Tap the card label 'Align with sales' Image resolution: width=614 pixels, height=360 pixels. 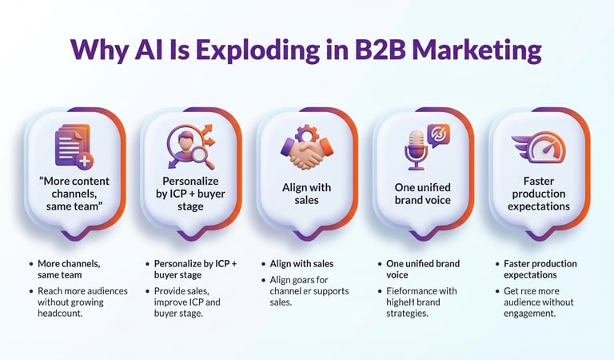coord(306,194)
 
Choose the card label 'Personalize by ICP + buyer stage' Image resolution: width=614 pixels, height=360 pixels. coord(191,194)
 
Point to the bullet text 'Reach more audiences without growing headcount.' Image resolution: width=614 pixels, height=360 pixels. coord(82,302)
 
